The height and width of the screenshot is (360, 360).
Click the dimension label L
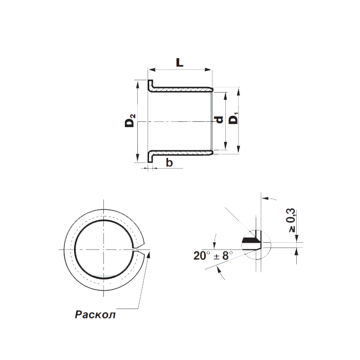point(180,62)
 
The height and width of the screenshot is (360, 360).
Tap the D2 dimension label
point(130,120)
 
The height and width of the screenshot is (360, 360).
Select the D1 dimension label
point(234,118)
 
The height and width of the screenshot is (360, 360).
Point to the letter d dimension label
point(219,120)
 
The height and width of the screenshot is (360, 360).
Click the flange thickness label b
point(169,163)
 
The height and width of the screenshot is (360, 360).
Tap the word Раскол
point(95,315)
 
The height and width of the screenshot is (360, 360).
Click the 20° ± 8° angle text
point(213,256)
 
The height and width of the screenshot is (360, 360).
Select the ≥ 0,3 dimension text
point(291,220)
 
